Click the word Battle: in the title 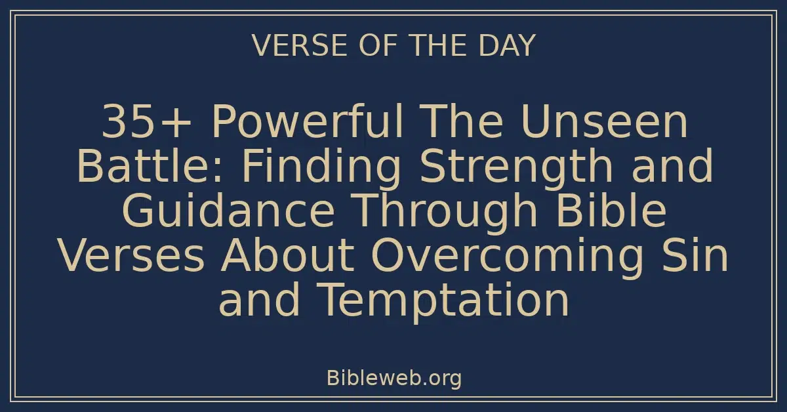click(x=153, y=167)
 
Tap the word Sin click(x=704, y=256)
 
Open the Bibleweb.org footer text click(x=393, y=379)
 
